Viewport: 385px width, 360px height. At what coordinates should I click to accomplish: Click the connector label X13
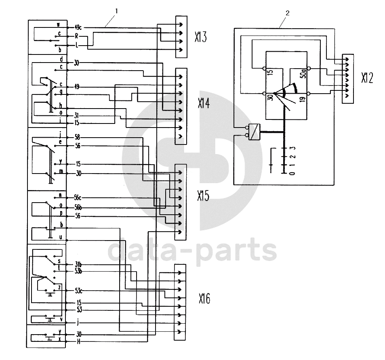(x=200, y=37)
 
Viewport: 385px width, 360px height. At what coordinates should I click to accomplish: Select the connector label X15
(x=204, y=196)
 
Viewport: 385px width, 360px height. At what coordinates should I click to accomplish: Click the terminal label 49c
(x=78, y=27)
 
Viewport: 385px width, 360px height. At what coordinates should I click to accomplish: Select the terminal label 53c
(x=79, y=291)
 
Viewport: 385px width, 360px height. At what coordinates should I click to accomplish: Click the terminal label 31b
(x=79, y=264)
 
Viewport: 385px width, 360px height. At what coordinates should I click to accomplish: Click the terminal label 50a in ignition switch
(x=303, y=73)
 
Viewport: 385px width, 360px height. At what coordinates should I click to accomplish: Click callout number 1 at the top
(x=116, y=12)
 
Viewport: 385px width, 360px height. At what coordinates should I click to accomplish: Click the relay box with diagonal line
(x=255, y=132)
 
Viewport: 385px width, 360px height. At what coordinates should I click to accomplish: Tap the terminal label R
(x=76, y=36)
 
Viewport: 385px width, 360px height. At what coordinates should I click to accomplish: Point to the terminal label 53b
(x=79, y=271)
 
